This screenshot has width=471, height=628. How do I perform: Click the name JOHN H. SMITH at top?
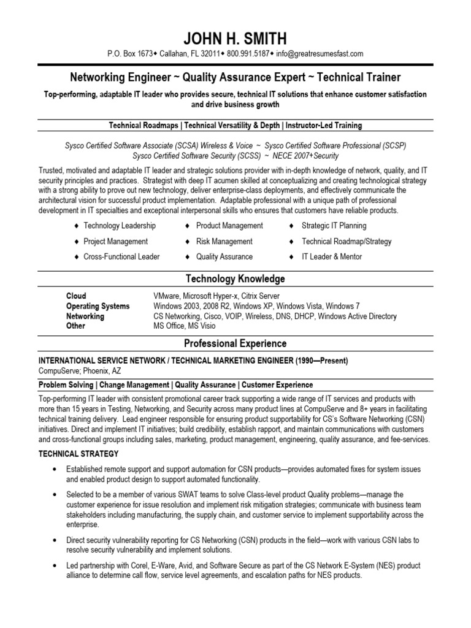(235, 39)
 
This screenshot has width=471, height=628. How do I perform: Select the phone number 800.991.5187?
(248, 54)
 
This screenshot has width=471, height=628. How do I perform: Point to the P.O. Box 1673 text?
(130, 54)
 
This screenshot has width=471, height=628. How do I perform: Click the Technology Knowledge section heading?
(235, 279)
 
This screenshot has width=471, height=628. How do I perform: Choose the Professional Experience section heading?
(235, 344)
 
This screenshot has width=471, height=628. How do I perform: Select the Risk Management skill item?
(224, 242)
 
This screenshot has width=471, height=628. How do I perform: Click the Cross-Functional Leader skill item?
(121, 257)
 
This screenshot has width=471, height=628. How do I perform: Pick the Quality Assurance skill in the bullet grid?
(224, 257)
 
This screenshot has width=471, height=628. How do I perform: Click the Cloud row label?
(76, 296)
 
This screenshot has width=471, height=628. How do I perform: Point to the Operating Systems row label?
(98, 307)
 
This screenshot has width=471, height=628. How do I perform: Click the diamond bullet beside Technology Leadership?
(75, 226)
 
